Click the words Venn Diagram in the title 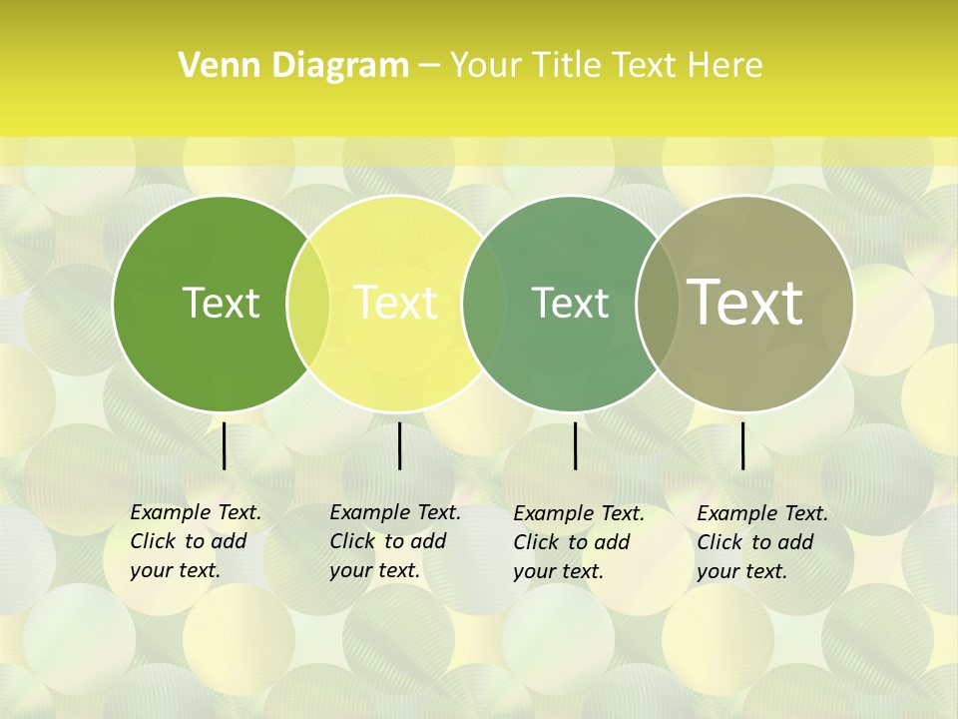pos(293,66)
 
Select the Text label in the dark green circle pos(221,303)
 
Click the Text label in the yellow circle pos(396,303)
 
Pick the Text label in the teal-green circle pos(570,303)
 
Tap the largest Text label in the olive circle pos(744,303)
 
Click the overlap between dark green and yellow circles pos(308,304)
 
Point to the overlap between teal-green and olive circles pos(657,304)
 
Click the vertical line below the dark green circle pos(225,445)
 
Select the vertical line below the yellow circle pos(399,445)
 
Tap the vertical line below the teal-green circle pos(576,445)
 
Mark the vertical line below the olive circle pos(742,445)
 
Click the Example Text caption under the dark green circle pos(196,513)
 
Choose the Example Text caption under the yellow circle pos(395,513)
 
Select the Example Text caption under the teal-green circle pos(579,514)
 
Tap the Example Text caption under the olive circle pos(762,514)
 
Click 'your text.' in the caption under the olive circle pos(741,572)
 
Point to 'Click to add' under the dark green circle pos(188,542)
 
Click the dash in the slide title pos(428,67)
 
